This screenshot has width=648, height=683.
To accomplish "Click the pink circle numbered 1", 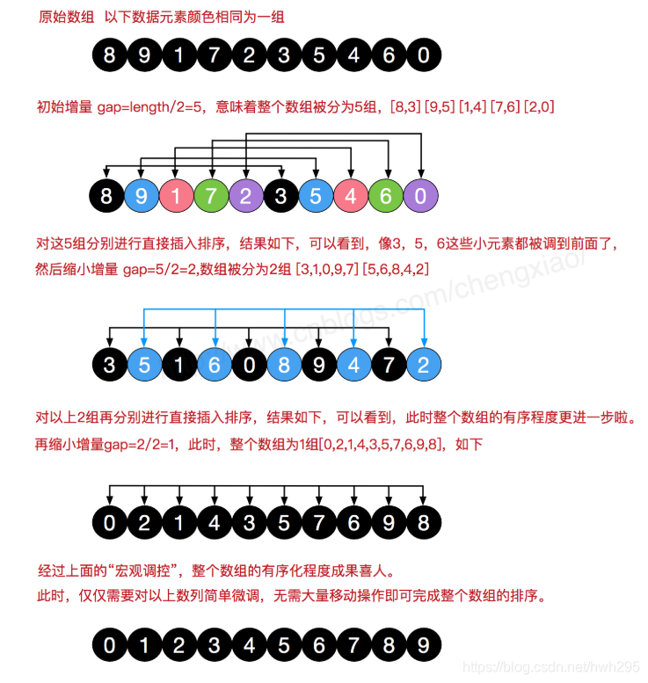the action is (176, 194).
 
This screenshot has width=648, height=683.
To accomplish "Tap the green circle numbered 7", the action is (211, 194).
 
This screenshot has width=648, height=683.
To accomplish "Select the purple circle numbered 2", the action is (246, 194).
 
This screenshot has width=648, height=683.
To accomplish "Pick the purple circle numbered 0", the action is (421, 194).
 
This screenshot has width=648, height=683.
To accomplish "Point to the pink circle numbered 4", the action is (351, 194).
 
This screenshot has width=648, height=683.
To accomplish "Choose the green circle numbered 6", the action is (386, 194).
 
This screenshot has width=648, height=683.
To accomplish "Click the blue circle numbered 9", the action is (142, 194).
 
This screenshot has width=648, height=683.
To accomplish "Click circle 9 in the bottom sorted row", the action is (423, 646).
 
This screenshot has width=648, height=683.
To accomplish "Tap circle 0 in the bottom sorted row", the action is (109, 646).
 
